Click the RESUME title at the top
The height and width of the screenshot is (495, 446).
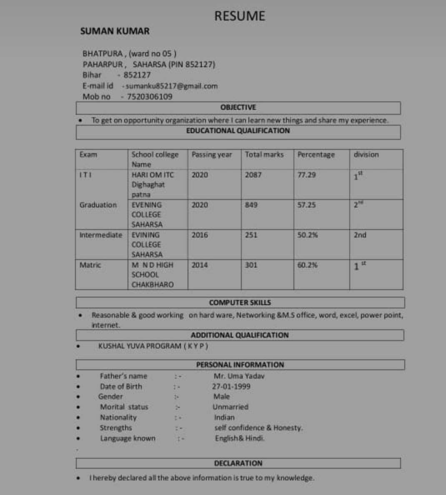coord(240,16)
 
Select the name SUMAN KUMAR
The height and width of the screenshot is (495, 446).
coord(115,31)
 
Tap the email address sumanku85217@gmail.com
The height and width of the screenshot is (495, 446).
coord(172,86)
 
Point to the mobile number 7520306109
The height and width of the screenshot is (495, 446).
coord(150,97)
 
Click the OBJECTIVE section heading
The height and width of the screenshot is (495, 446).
coord(238,107)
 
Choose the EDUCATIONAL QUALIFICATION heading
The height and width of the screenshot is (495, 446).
coord(238,131)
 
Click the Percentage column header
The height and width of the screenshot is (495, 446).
coord(316,154)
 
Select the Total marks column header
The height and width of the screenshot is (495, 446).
coord(264,154)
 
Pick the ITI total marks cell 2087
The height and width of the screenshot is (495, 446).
coord(253,175)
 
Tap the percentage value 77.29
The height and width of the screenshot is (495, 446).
coord(306,175)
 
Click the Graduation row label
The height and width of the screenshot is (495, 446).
coord(98,205)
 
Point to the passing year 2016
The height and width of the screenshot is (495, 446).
coord(199,235)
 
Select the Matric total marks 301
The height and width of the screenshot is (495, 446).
coord(251,265)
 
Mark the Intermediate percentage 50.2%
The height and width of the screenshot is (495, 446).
coord(307,235)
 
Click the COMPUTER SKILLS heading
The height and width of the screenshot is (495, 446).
coord(240,303)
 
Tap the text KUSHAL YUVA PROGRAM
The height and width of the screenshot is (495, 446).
coord(140,346)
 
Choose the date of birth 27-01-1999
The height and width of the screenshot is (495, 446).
coord(231,386)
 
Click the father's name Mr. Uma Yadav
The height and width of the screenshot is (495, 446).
coord(239,376)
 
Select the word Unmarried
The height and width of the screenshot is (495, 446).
coord(231,407)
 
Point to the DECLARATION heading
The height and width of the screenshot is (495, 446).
coord(238,463)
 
